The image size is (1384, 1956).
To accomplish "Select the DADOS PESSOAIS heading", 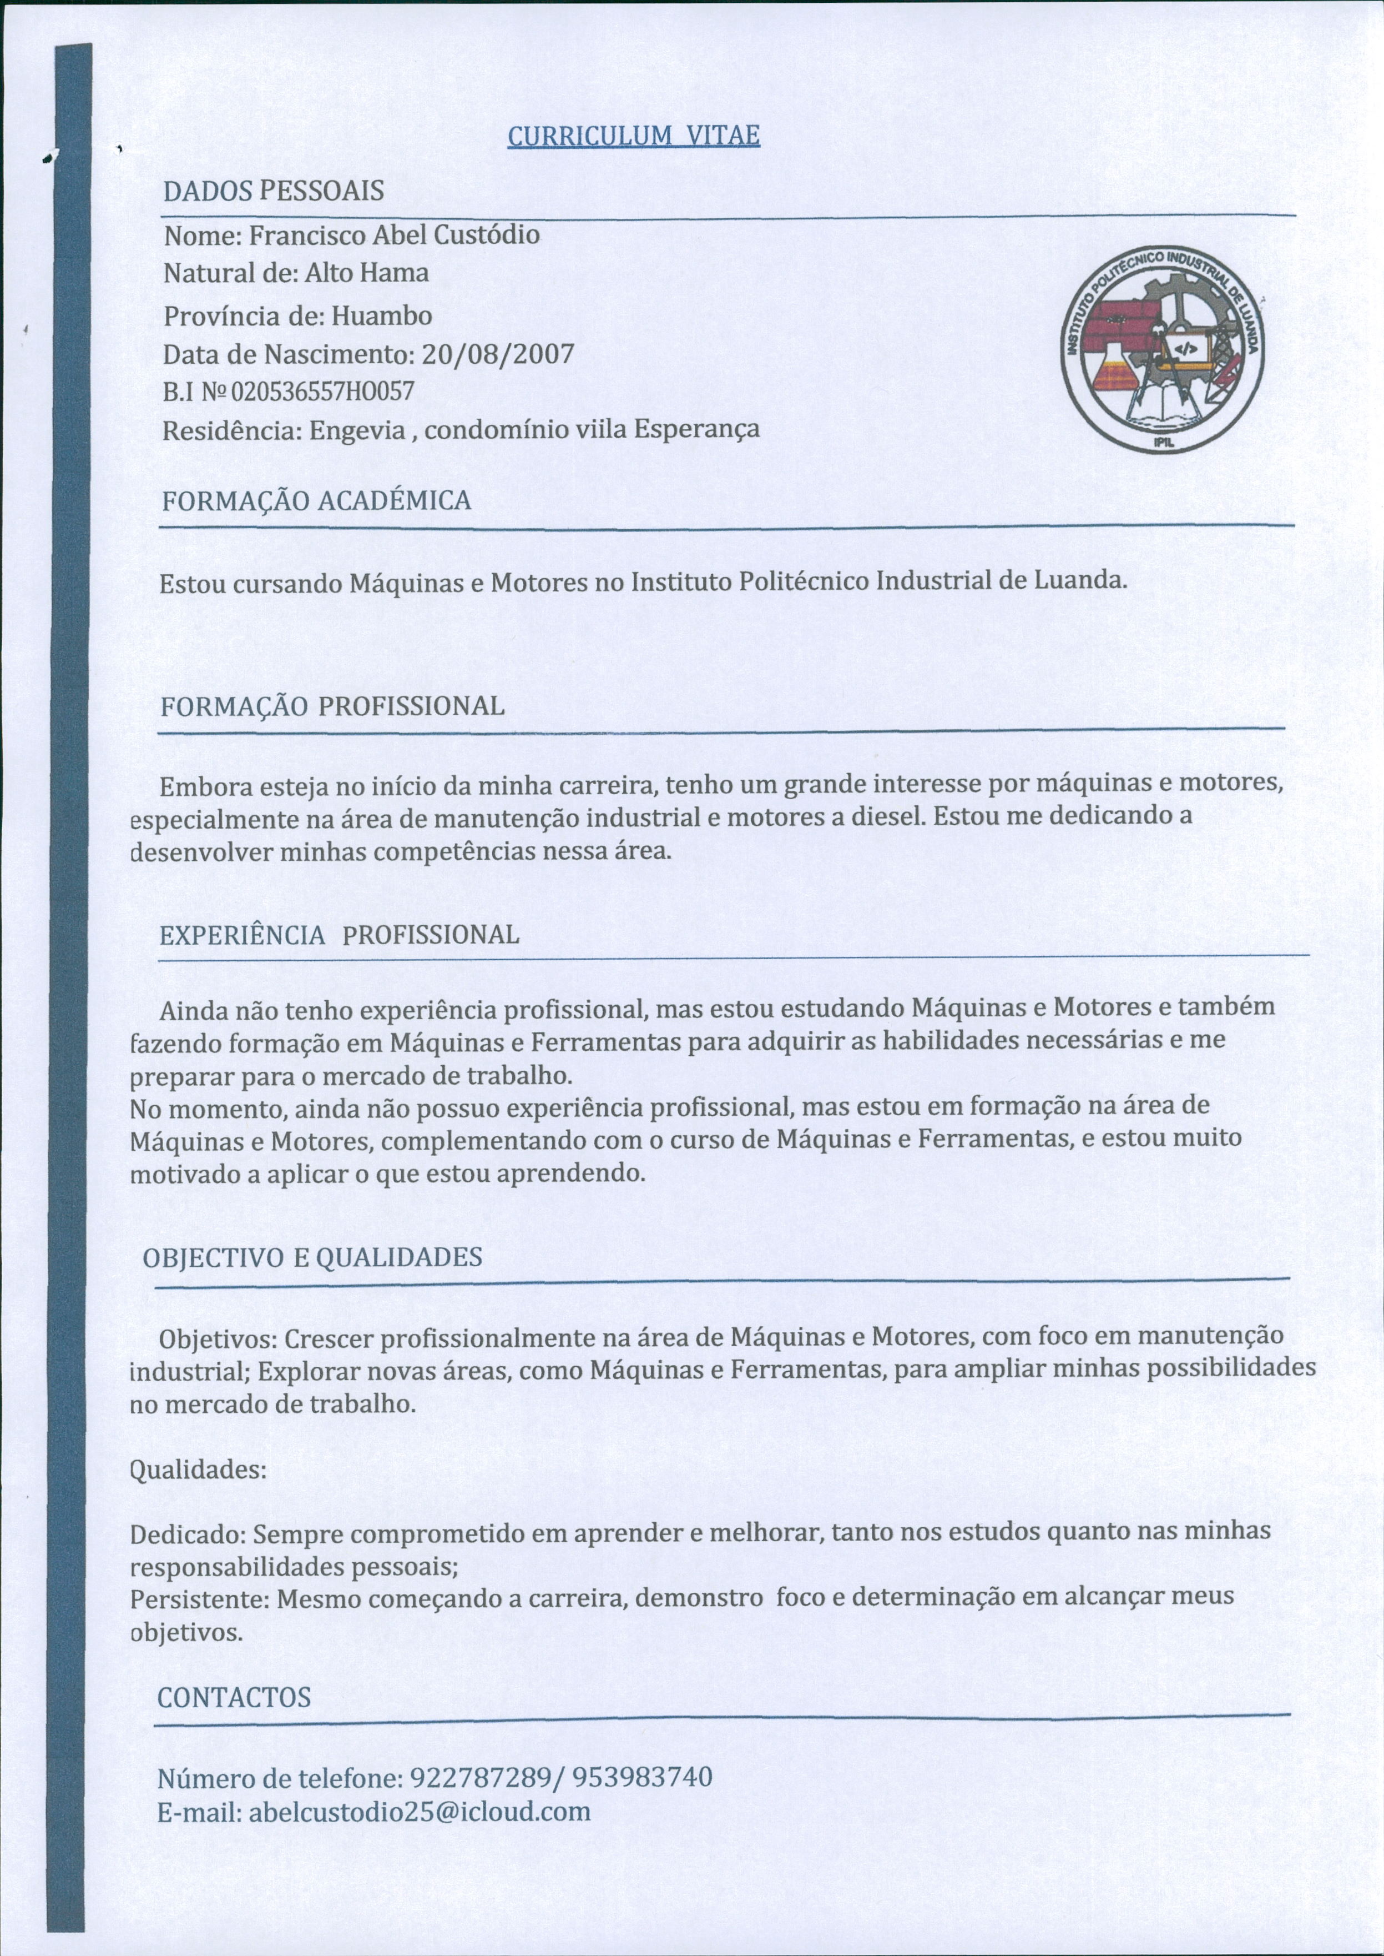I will click(274, 191).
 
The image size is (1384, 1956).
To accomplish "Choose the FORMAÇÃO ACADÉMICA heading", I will click(316, 500).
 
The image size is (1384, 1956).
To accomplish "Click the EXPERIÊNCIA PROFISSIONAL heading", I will click(339, 935).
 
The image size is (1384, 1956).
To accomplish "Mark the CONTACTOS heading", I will click(234, 1697).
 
